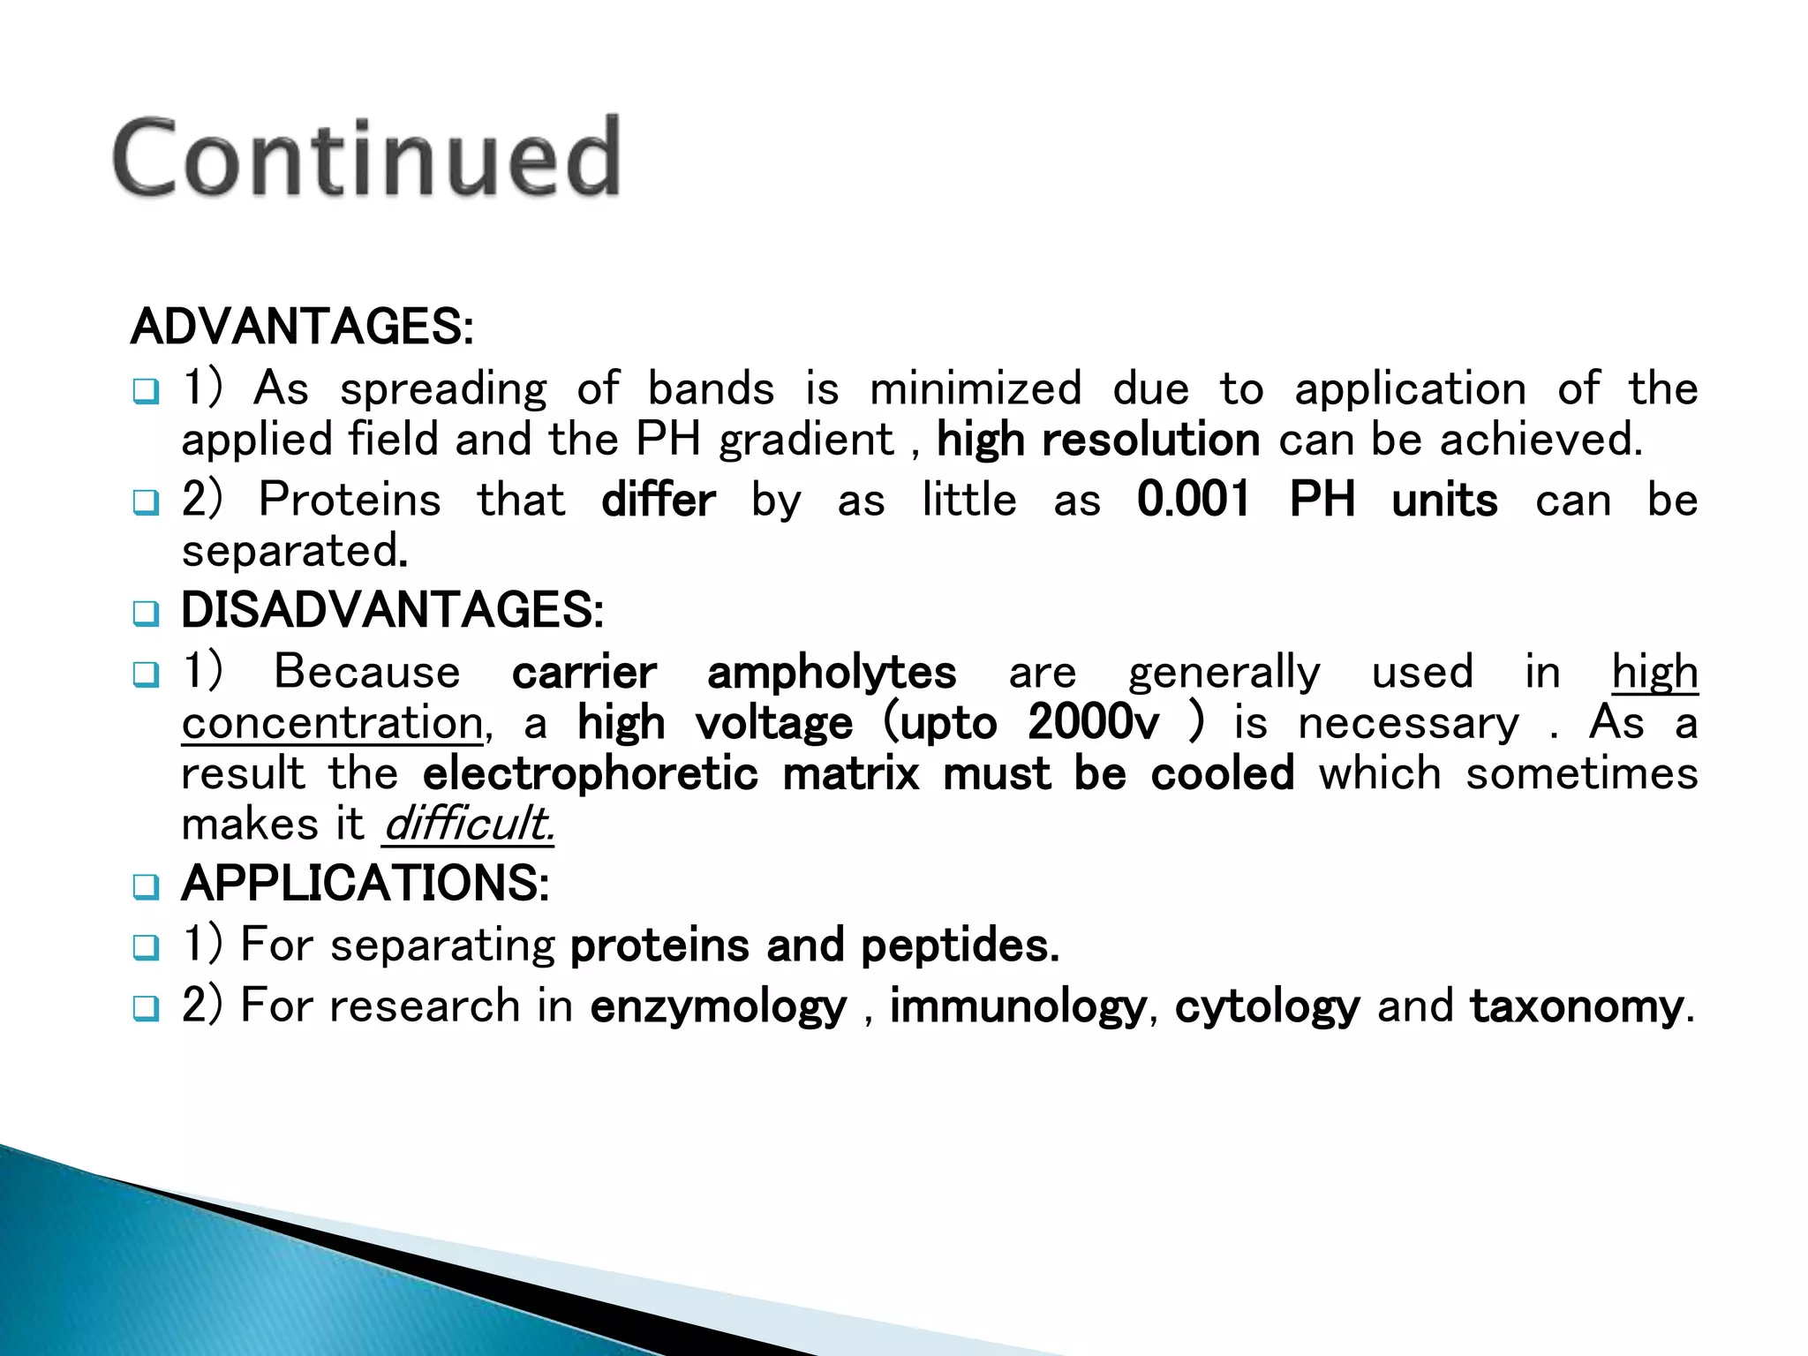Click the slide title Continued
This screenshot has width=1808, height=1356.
pyautogui.click(x=366, y=157)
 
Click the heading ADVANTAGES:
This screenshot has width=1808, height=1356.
pyautogui.click(x=302, y=327)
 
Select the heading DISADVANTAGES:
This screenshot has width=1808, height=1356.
pyautogui.click(x=392, y=610)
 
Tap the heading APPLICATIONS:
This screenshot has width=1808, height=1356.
pyautogui.click(x=365, y=883)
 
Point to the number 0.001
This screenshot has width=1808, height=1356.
pyautogui.click(x=1194, y=500)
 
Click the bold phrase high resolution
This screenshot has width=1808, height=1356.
pyautogui.click(x=1097, y=440)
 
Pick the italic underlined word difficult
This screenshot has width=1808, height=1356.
pyautogui.click(x=468, y=825)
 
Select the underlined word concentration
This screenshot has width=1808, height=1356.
pyautogui.click(x=332, y=723)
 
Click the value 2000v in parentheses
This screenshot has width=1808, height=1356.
pyautogui.click(x=1093, y=723)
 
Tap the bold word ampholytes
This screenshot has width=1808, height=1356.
pyautogui.click(x=832, y=672)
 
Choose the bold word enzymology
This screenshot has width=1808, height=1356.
pyautogui.click(x=718, y=1006)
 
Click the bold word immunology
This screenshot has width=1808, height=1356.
pyautogui.click(x=1017, y=1006)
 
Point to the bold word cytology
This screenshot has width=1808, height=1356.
pyautogui.click(x=1267, y=1006)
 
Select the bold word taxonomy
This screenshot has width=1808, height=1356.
pyautogui.click(x=1577, y=1006)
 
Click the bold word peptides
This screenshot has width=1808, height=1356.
pyautogui.click(x=959, y=945)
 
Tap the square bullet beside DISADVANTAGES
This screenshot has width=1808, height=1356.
pyautogui.click(x=146, y=613)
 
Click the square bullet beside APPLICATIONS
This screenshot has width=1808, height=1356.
pyautogui.click(x=146, y=885)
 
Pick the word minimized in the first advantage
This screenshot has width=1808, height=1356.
pyautogui.click(x=976, y=389)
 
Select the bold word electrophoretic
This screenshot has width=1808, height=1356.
pyautogui.click(x=590, y=774)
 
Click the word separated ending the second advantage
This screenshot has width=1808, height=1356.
pyautogui.click(x=291, y=552)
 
